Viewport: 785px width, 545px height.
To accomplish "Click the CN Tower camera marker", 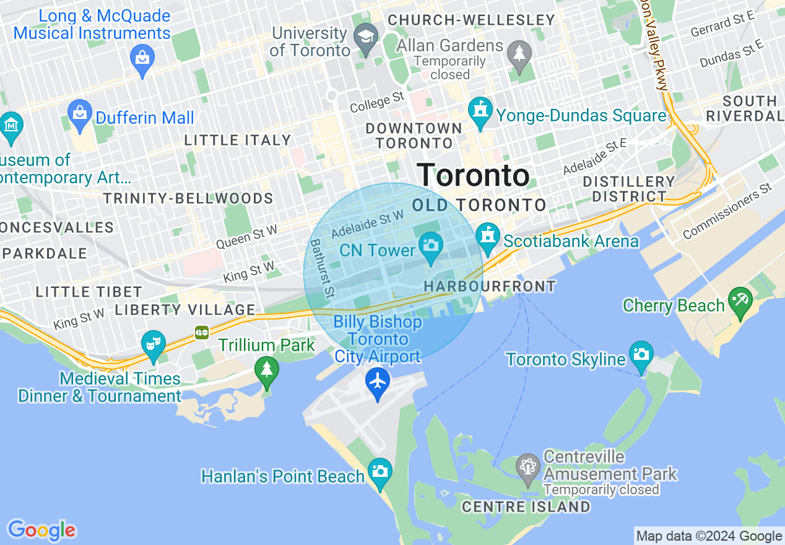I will click(x=430, y=245).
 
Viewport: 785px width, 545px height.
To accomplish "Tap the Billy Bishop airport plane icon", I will click(x=377, y=381).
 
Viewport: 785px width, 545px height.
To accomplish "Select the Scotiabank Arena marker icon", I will click(x=488, y=237).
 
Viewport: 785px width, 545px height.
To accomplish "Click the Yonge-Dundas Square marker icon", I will click(x=480, y=110).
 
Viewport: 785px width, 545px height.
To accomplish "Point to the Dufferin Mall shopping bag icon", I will click(x=80, y=113).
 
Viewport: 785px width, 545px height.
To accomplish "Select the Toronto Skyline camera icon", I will click(x=641, y=354).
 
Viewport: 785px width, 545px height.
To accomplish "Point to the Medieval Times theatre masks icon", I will click(x=153, y=343).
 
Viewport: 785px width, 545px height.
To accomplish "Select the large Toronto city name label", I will click(x=473, y=175).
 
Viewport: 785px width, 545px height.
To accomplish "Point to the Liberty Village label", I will click(x=185, y=310).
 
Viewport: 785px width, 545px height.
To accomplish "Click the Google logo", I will click(x=41, y=530).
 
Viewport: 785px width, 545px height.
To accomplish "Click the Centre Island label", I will click(x=526, y=507).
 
